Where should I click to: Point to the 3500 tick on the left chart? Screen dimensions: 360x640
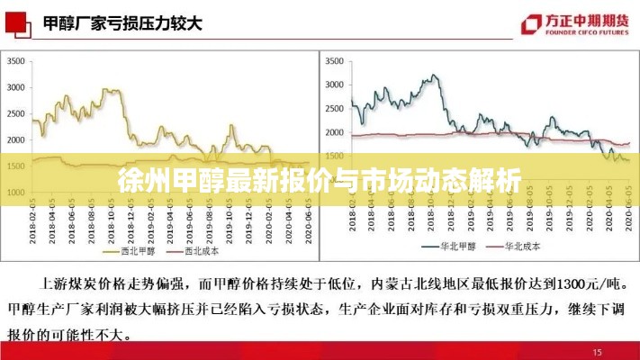pyautogui.click(x=16, y=61)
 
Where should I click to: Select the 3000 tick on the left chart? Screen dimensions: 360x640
pyautogui.click(x=16, y=87)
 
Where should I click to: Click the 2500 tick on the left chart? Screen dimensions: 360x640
pyautogui.click(x=16, y=113)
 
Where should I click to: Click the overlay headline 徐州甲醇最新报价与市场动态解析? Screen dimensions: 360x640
pyautogui.click(x=320, y=179)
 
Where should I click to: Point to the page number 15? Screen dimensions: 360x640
pyautogui.click(x=598, y=351)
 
